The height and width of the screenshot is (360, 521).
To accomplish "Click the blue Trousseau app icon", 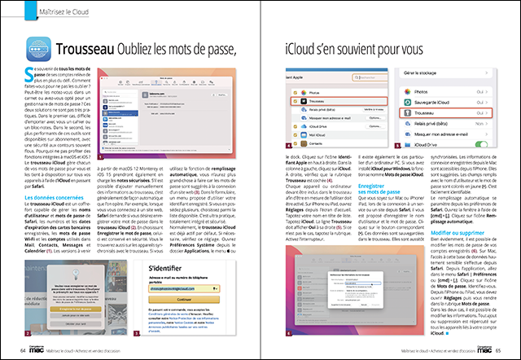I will pos(40,51).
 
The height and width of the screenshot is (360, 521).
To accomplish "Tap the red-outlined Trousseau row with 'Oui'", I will pos(440,114).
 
